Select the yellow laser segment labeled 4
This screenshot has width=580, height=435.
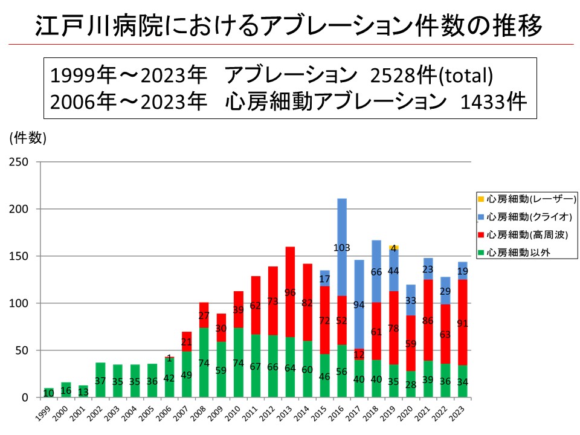coord(393,248)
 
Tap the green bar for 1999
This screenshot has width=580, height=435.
coord(48,393)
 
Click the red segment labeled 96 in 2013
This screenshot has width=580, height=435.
coord(289,292)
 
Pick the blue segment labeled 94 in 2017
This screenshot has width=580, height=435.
coord(359,304)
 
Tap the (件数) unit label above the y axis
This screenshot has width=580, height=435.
coord(27,138)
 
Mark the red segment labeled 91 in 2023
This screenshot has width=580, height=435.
coord(463,323)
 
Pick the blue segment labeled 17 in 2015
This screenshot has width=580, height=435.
coord(324,279)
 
